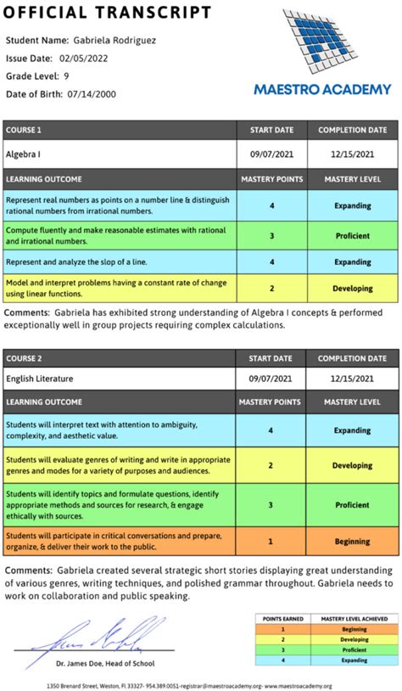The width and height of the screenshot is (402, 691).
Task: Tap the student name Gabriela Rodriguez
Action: point(103,40)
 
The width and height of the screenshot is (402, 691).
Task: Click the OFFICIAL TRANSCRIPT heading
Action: point(109,13)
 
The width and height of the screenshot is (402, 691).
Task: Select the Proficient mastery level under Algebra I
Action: point(352,235)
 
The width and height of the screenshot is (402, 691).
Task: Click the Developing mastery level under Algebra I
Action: point(352,288)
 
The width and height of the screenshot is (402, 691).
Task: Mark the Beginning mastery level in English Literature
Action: point(352,541)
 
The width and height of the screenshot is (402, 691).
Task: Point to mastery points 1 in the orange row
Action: point(271,541)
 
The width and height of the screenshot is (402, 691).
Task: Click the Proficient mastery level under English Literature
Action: point(352,504)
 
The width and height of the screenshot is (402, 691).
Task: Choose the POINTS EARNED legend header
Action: point(285,619)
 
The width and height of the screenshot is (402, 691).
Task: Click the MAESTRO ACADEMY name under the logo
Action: point(322,89)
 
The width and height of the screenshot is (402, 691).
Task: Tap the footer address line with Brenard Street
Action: point(201,684)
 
